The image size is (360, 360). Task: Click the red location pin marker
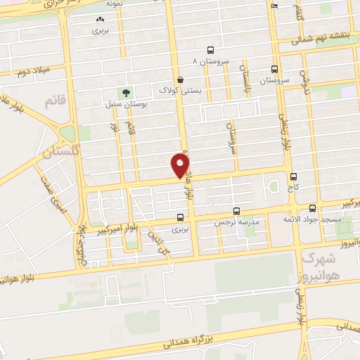click(180, 166)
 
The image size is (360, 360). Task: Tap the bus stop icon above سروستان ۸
click(211, 50)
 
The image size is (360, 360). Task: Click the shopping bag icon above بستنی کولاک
click(181, 79)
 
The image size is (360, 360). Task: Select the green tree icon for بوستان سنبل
click(126, 93)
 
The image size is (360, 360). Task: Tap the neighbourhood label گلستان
click(58, 151)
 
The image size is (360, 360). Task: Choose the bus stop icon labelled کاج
click(293, 176)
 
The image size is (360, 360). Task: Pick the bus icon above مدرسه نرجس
click(236, 210)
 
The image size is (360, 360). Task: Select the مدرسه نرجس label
click(236, 222)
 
